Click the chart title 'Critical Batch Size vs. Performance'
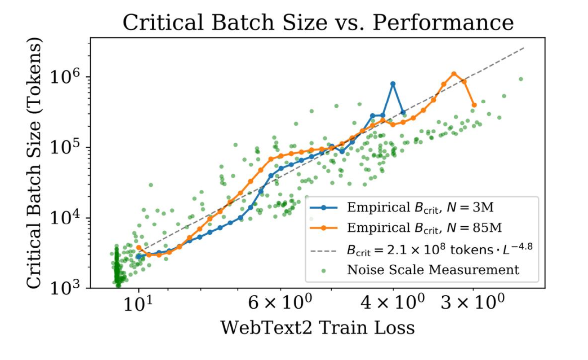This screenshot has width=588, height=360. [x=318, y=22]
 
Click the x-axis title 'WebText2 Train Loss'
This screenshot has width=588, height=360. [x=317, y=328]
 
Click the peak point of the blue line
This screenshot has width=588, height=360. [x=393, y=84]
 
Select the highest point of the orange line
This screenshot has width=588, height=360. [x=454, y=74]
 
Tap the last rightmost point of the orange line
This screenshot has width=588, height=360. [x=474, y=105]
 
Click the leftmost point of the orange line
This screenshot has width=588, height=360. [x=139, y=247]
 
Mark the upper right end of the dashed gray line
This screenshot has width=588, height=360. [x=524, y=48]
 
